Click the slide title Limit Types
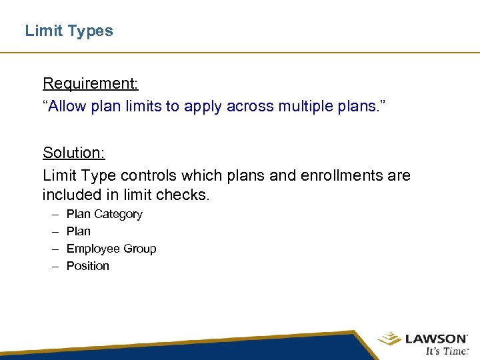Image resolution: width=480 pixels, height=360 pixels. point(69,31)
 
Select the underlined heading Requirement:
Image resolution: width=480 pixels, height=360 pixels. point(90,83)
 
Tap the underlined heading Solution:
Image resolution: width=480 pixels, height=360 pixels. point(73,153)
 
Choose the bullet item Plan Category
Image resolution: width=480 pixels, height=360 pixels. point(104,214)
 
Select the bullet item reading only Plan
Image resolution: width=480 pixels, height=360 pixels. point(78,231)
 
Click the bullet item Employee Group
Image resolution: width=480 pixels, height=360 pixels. point(111,249)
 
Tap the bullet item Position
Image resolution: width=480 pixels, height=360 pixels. point(87,266)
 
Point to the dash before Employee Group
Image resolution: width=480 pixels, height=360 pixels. point(53,249)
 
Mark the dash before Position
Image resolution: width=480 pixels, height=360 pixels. point(53,266)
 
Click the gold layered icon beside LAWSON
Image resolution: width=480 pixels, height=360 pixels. point(389,339)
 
